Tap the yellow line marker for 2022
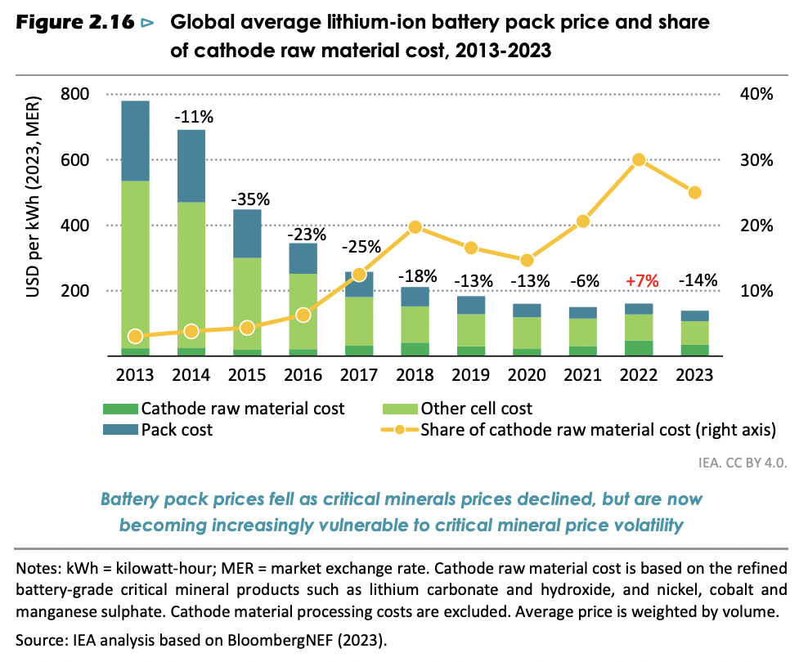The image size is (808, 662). coord(639,160)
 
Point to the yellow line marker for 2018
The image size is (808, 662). coord(415,226)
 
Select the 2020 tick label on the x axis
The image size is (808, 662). coord(527,375)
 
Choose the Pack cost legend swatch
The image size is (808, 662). coord(119,429)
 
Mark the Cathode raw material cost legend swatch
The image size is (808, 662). coord(119,409)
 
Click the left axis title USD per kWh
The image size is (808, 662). coord(36,224)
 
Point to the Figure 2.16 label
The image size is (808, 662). coord(74,23)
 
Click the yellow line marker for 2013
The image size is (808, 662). coord(135,336)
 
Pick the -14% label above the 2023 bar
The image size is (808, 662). coord(695,280)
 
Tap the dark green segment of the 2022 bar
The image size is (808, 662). coord(639,348)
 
